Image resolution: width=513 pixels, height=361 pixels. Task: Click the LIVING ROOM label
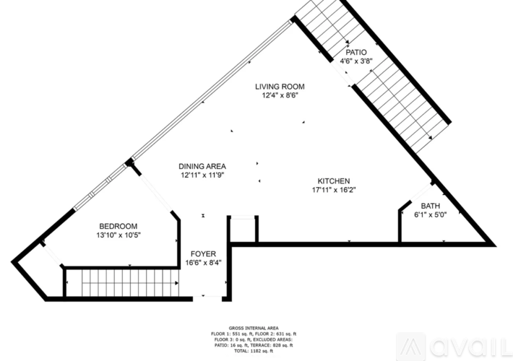click(x=280, y=87)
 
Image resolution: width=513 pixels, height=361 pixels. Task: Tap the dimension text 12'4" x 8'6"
click(x=280, y=95)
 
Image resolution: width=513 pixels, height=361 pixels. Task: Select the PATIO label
click(x=356, y=52)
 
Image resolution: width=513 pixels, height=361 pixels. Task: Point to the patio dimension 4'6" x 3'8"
click(x=356, y=61)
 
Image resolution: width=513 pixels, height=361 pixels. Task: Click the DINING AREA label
click(x=202, y=167)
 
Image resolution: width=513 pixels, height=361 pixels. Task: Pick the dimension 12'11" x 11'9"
click(x=202, y=175)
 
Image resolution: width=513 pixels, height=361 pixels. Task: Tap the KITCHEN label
click(x=334, y=181)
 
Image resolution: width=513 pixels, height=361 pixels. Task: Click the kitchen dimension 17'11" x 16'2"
click(x=334, y=190)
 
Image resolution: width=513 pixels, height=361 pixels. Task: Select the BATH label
click(x=430, y=206)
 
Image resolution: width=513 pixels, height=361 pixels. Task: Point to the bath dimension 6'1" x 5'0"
click(x=430, y=215)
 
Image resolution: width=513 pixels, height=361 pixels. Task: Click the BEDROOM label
click(x=118, y=226)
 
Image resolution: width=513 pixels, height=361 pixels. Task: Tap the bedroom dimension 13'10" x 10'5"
click(x=118, y=235)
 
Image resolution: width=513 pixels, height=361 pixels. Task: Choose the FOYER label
click(x=203, y=254)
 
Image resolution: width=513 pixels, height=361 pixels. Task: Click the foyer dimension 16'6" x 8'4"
click(x=203, y=263)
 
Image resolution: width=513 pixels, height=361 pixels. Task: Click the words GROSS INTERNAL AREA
click(x=254, y=328)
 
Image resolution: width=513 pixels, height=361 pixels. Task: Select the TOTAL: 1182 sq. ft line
click(x=254, y=351)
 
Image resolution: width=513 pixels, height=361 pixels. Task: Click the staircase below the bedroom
click(x=122, y=283)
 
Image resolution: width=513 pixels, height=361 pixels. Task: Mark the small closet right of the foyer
click(x=243, y=230)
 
